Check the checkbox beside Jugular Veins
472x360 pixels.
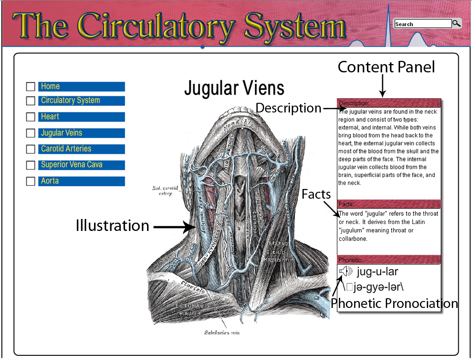tap(30, 133)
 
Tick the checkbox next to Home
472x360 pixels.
tap(30, 87)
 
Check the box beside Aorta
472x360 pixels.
tap(30, 181)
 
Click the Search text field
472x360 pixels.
tap(423, 24)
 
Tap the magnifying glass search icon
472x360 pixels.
tap(456, 24)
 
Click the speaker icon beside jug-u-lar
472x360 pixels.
tap(345, 271)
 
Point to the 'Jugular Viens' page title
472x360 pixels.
tap(234, 88)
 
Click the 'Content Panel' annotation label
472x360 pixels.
tap(386, 67)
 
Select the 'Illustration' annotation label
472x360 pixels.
tap(112, 225)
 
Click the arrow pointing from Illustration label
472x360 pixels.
tap(175, 227)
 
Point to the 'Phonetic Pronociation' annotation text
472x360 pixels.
tap(394, 303)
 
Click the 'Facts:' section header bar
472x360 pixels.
tap(389, 204)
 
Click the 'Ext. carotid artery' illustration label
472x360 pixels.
tap(162, 190)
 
